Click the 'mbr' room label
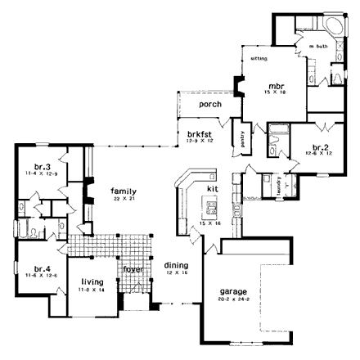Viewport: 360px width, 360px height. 277,84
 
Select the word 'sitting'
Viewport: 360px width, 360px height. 259,59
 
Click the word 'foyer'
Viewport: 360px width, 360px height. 133,269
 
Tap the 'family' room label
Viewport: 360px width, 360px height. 124,191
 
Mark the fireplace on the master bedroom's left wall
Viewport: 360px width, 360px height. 238,86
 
